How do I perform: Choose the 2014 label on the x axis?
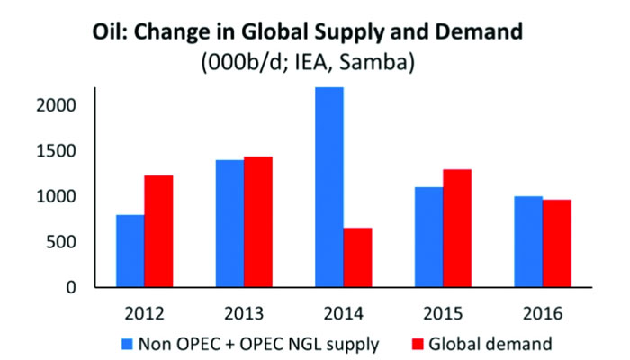[x=343, y=314]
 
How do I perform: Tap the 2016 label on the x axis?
[x=542, y=314]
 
